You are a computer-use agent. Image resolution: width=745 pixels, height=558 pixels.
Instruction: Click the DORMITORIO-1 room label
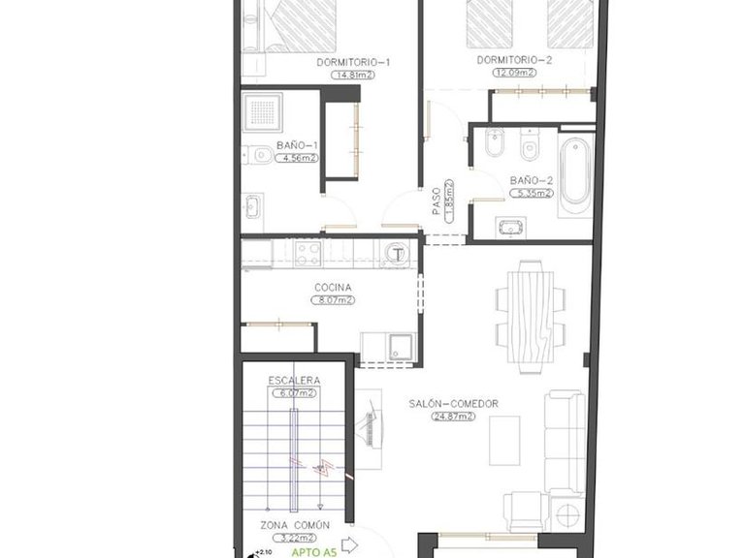(353, 63)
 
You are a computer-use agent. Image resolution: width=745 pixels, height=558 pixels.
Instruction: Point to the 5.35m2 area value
(532, 193)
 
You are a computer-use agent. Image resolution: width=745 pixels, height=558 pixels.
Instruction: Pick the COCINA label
(332, 287)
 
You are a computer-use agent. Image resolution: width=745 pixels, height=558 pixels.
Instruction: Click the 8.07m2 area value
(332, 300)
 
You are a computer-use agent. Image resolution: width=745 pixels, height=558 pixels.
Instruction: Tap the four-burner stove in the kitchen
(308, 254)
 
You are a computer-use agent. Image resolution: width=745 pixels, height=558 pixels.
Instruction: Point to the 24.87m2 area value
(453, 417)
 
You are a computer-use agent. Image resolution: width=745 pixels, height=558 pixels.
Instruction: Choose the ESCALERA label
(293, 381)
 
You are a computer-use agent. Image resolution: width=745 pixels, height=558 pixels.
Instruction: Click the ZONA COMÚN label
(294, 525)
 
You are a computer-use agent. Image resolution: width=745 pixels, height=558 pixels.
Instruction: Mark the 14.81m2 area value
(353, 75)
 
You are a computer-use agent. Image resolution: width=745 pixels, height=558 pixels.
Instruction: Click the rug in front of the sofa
(503, 440)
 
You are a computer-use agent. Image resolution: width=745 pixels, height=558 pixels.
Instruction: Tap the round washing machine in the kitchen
(398, 254)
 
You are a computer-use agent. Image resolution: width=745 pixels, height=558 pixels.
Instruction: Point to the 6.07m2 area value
(293, 393)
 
